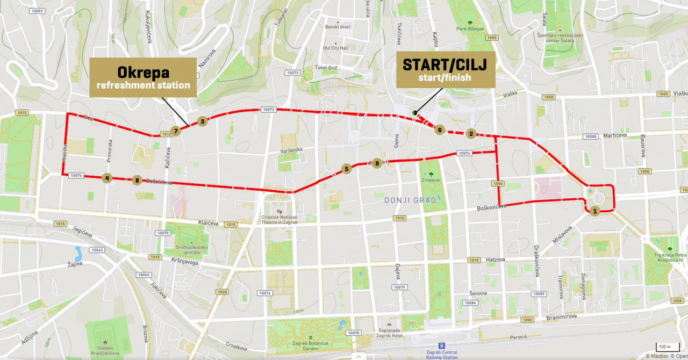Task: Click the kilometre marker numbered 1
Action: click(x=594, y=211)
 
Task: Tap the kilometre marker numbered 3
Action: click(x=202, y=121)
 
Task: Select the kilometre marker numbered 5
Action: click(x=346, y=169)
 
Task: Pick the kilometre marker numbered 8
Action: click(x=138, y=181)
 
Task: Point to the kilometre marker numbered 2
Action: click(x=471, y=134)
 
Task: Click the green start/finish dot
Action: click(x=414, y=112)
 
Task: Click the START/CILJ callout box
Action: click(x=445, y=70)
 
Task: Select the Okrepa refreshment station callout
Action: click(x=143, y=77)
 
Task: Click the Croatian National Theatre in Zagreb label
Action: click(x=279, y=220)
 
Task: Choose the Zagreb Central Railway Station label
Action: click(x=441, y=354)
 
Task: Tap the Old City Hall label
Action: click(x=336, y=48)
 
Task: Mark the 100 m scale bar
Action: click(x=665, y=347)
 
